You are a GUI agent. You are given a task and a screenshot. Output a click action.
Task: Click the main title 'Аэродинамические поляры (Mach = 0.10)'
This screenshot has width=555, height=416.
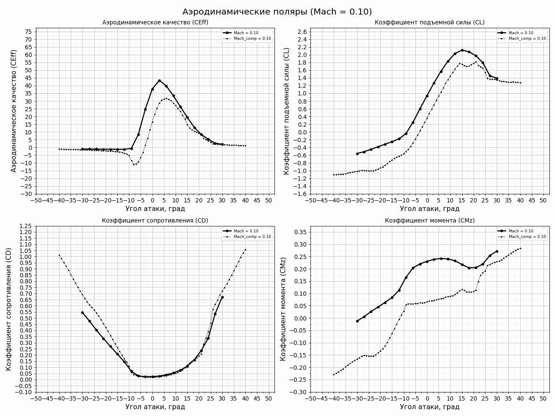(x=277, y=12)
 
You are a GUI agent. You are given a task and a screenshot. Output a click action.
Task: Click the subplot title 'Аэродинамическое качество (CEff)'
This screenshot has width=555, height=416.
(x=155, y=23)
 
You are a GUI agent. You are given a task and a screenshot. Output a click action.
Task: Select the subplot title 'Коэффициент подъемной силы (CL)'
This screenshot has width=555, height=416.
(x=430, y=23)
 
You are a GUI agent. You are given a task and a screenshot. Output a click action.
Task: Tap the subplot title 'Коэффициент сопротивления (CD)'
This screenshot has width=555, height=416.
(x=155, y=221)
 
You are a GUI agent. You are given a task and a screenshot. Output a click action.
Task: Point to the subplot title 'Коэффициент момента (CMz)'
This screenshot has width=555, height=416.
(x=430, y=221)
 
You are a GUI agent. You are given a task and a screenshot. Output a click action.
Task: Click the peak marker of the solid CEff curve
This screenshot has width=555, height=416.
(x=159, y=80)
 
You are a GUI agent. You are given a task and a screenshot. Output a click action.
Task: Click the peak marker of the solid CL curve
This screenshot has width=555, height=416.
(x=462, y=50)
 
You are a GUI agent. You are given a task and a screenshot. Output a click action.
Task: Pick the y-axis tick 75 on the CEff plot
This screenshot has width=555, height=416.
(x=28, y=32)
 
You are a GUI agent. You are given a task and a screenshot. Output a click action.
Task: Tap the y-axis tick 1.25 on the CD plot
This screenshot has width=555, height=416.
(x=26, y=226)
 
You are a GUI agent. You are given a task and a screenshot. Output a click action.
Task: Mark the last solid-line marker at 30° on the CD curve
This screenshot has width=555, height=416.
(x=222, y=297)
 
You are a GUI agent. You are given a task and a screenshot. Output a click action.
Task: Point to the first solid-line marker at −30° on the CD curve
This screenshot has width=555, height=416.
(x=82, y=312)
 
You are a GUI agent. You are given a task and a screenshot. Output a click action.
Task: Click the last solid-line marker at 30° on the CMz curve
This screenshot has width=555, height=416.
(x=497, y=251)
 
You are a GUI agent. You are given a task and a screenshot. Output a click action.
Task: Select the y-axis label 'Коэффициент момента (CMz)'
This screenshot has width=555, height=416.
(x=283, y=309)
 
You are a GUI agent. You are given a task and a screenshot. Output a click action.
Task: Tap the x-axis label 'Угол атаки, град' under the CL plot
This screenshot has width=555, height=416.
(x=430, y=209)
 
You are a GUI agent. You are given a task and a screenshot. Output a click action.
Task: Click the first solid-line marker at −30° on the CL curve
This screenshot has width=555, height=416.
(x=357, y=154)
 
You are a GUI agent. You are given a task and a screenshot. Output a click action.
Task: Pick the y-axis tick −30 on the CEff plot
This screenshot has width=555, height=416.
(x=27, y=194)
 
